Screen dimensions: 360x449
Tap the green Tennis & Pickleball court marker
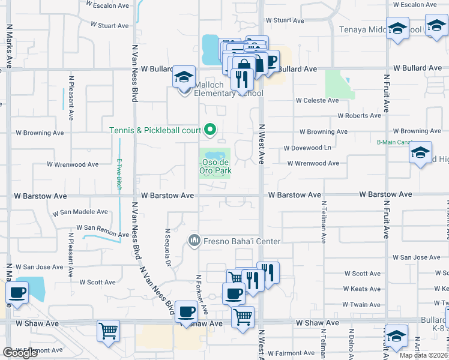[x=210, y=129]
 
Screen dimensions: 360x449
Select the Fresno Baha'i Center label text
[x=242, y=241]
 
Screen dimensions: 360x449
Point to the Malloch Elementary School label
[x=228, y=89]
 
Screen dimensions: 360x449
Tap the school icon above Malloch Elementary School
[x=184, y=77]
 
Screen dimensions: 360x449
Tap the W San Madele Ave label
[x=80, y=212]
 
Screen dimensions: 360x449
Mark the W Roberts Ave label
[x=359, y=115]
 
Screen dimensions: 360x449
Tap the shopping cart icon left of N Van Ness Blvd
[x=108, y=331]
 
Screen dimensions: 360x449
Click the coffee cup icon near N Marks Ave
[x=17, y=293]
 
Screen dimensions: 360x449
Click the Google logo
[x=20, y=353]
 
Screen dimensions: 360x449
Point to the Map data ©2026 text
[x=423, y=355]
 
